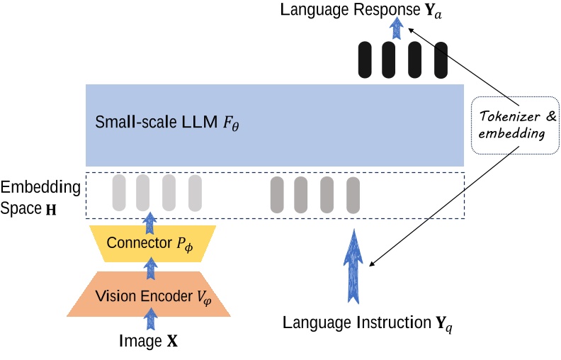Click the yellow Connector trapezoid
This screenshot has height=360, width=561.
pyautogui.click(x=149, y=243)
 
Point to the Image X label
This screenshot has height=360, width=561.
pyautogui.click(x=149, y=342)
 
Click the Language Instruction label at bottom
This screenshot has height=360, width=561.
pyautogui.click(x=365, y=324)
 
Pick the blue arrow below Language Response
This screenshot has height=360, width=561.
pyautogui.click(x=397, y=28)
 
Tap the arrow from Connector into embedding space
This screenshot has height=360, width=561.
pyautogui.click(x=149, y=223)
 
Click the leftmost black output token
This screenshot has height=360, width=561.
pyautogui.click(x=365, y=60)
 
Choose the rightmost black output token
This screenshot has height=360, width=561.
pyautogui.click(x=441, y=60)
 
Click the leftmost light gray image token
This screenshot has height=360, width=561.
pyautogui.click(x=119, y=192)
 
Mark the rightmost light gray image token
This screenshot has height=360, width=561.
pyautogui.click(x=195, y=192)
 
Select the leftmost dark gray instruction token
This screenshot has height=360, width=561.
pyautogui.click(x=277, y=193)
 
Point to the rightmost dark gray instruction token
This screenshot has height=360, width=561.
pyautogui.click(x=353, y=193)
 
